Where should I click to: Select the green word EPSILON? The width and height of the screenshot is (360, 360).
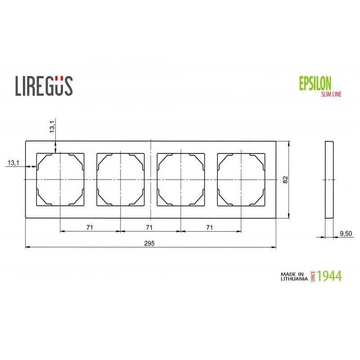(x=315, y=83)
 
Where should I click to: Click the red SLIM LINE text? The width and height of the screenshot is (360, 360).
(x=331, y=94)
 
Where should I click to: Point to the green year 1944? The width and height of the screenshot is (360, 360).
(x=329, y=276)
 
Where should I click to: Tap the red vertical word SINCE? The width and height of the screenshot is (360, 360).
(x=313, y=276)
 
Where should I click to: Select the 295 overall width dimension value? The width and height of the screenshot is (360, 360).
(x=149, y=243)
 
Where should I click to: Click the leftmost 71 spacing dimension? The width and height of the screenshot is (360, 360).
(x=90, y=228)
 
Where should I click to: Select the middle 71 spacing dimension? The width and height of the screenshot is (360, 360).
(x=149, y=228)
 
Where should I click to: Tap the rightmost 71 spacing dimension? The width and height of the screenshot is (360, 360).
(x=209, y=228)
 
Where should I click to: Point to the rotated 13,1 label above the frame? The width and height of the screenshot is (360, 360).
(x=52, y=127)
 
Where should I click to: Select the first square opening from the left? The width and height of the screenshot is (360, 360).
(x=60, y=180)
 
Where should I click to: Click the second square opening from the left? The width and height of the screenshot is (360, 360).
(x=120, y=180)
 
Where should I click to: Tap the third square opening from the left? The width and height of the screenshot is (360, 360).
(x=180, y=180)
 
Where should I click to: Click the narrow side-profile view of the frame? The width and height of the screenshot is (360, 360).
(x=329, y=180)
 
